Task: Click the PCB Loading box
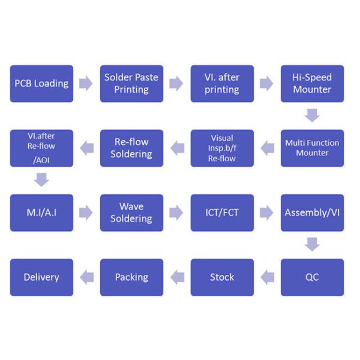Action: (x=41, y=83)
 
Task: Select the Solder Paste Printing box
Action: (x=131, y=83)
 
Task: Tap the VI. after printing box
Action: (x=222, y=83)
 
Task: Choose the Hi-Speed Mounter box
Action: (x=312, y=83)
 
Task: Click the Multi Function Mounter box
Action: (x=312, y=148)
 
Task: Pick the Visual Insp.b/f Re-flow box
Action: (x=222, y=148)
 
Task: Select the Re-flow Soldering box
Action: (x=131, y=148)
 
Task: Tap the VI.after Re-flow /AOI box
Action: (x=41, y=148)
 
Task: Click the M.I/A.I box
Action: (x=41, y=212)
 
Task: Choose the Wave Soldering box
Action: (x=131, y=212)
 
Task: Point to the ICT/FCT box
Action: (x=222, y=212)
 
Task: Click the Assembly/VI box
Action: (x=312, y=212)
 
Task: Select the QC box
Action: (x=312, y=277)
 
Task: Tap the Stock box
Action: (x=222, y=277)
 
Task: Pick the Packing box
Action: (x=131, y=277)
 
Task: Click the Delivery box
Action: (x=41, y=277)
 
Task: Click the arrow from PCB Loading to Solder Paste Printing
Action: (x=86, y=83)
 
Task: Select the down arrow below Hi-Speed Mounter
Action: (x=312, y=115)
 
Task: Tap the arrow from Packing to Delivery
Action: (x=86, y=277)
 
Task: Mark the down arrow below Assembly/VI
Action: (x=312, y=244)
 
